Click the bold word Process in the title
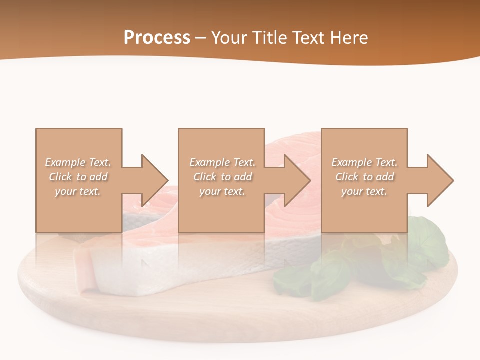tap(157, 38)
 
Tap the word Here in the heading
tap(348, 38)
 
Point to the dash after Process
tap(201, 38)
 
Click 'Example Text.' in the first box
tap(78, 162)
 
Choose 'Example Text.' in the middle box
tap(222, 162)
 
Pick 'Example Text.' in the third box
tap(364, 162)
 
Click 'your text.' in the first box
tap(78, 191)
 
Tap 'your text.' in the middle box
tap(222, 191)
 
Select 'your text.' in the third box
tap(364, 191)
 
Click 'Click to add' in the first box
tap(78, 177)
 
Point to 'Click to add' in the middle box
tap(222, 177)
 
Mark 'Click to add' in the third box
tap(364, 177)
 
